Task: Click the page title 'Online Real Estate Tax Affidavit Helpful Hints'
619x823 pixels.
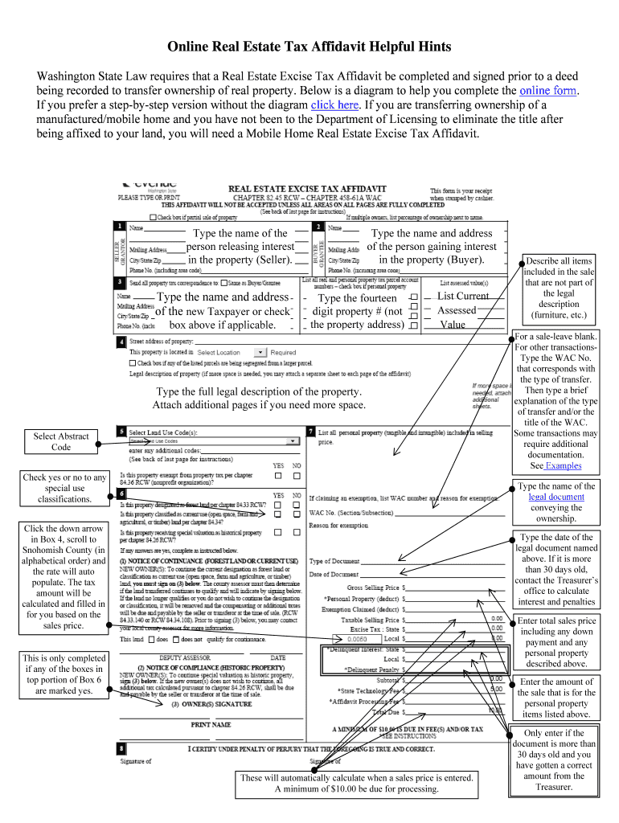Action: pyautogui.click(x=309, y=47)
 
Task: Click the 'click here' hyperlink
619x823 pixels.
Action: pyautogui.click(x=334, y=105)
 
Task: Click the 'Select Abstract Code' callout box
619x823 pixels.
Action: pyautogui.click(x=61, y=441)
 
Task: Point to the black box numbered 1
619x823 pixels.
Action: pyautogui.click(x=119, y=227)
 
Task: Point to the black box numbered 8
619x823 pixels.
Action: pyautogui.click(x=119, y=748)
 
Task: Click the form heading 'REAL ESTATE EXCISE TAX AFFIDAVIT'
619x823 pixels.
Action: pyautogui.click(x=309, y=190)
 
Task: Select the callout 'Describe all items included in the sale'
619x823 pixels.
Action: pyautogui.click(x=558, y=288)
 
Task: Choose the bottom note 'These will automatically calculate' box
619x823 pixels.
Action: pyautogui.click(x=356, y=784)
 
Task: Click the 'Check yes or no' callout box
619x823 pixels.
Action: pyautogui.click(x=64, y=488)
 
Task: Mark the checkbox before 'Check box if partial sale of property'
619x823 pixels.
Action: pyautogui.click(x=154, y=217)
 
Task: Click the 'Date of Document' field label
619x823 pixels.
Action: pyautogui.click(x=334, y=575)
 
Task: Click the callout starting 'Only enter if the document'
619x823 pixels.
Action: pyautogui.click(x=554, y=760)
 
